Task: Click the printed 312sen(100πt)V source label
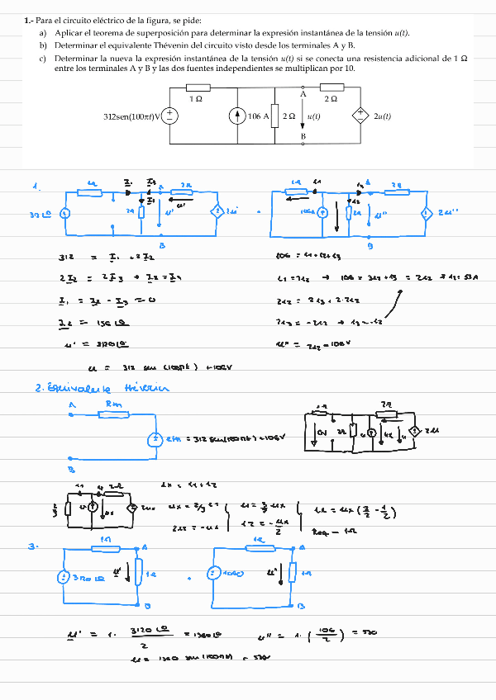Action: point(131,116)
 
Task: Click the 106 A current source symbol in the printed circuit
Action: point(237,116)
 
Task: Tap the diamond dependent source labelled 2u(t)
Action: point(360,116)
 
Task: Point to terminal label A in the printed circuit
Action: point(303,94)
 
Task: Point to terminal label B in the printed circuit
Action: point(303,136)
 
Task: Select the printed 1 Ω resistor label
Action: point(196,99)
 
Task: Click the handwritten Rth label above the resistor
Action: point(113,404)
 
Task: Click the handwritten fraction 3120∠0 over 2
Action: point(149,635)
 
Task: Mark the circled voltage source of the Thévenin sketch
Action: point(153,439)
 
